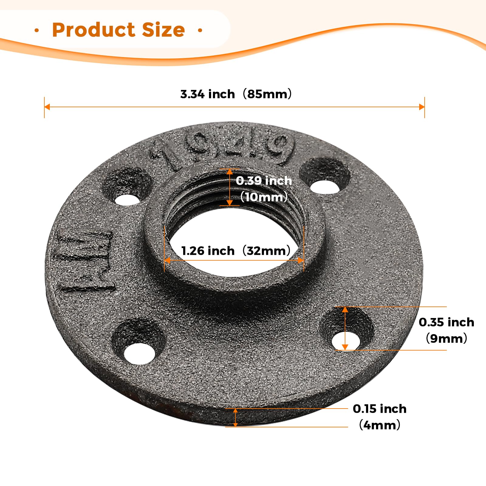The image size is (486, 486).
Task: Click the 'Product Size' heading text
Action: pyautogui.click(x=118, y=30)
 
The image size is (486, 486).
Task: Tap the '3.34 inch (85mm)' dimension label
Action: pyautogui.click(x=236, y=94)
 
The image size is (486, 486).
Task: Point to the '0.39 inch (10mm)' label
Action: pyautogui.click(x=264, y=189)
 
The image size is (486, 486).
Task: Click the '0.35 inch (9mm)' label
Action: pyautogui.click(x=446, y=330)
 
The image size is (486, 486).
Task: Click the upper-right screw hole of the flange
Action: pyautogui.click(x=324, y=186)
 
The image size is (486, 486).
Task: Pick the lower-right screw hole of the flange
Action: pyautogui.click(x=346, y=341)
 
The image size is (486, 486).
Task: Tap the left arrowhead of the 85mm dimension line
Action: pyautogui.click(x=47, y=107)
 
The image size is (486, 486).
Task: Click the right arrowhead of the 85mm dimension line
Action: pyautogui.click(x=422, y=107)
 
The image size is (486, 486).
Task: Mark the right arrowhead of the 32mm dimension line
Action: pyautogui.click(x=301, y=260)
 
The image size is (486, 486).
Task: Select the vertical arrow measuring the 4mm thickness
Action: pyautogui.click(x=235, y=418)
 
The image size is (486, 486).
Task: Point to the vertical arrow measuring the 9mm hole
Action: pyautogui.click(x=345, y=328)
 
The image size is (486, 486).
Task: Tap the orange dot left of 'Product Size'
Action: pyautogui.click(x=37, y=30)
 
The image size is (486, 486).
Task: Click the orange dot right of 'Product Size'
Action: pyautogui.click(x=200, y=30)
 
